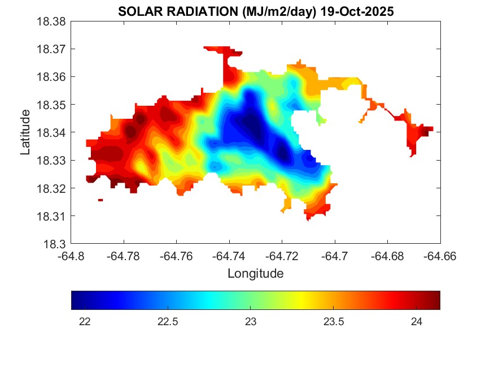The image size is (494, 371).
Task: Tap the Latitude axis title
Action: coord(25,132)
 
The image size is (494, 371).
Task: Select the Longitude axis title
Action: coord(255,274)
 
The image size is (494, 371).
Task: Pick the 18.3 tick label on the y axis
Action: coord(56,244)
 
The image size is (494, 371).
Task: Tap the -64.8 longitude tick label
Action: coord(71,256)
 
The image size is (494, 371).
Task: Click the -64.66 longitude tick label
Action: coord(440,256)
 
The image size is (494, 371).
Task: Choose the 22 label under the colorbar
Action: coord(85,322)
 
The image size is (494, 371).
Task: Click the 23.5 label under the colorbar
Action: coord(334,322)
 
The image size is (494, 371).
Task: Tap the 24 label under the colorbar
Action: coord(417,322)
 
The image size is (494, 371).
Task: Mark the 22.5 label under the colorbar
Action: coord(168,322)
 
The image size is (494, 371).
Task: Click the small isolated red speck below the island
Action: coord(100,200)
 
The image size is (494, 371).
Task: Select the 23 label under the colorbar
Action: coord(251,322)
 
